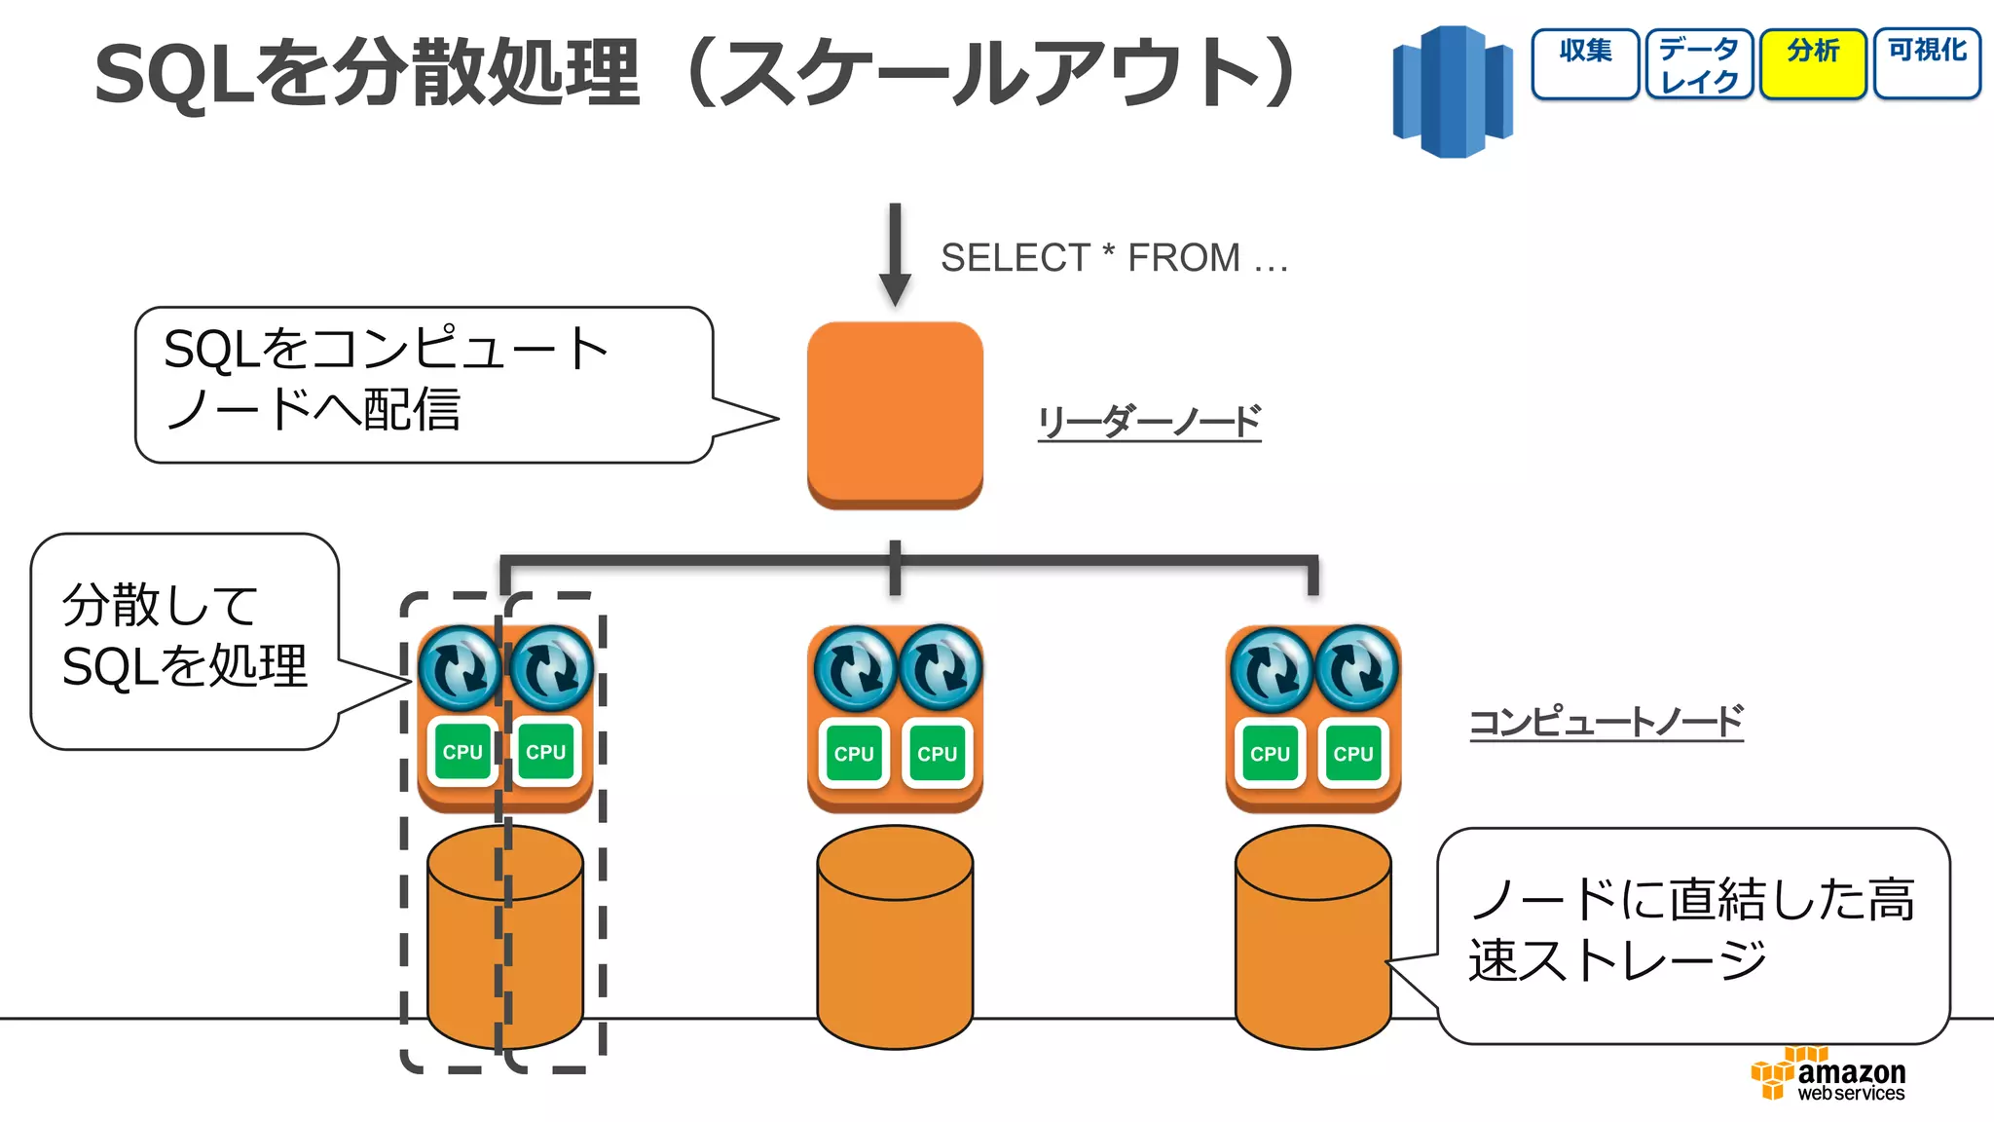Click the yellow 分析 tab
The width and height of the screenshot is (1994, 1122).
(x=1813, y=63)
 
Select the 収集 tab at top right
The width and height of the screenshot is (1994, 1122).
(x=1585, y=63)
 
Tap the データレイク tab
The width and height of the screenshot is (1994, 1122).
(x=1699, y=63)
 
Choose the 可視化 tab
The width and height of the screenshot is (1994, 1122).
(x=1927, y=63)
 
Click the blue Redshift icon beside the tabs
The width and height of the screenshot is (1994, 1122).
(x=1452, y=92)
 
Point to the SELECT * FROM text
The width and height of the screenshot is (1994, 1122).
(x=1114, y=258)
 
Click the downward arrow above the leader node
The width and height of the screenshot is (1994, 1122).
(x=895, y=253)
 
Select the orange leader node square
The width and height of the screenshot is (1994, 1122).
(x=895, y=414)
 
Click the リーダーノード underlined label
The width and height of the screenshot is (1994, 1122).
(x=1149, y=423)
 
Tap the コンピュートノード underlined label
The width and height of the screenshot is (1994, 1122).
(x=1606, y=722)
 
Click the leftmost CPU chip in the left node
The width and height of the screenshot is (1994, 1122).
(x=462, y=752)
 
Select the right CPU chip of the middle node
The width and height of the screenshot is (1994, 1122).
(x=937, y=753)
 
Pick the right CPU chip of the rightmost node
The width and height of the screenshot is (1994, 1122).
(x=1352, y=753)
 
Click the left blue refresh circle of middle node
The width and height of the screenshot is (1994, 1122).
(x=854, y=668)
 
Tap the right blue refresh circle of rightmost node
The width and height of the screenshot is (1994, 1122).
(x=1356, y=668)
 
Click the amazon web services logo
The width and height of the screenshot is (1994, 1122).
(x=1828, y=1075)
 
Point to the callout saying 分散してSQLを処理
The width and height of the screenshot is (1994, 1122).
(x=184, y=638)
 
